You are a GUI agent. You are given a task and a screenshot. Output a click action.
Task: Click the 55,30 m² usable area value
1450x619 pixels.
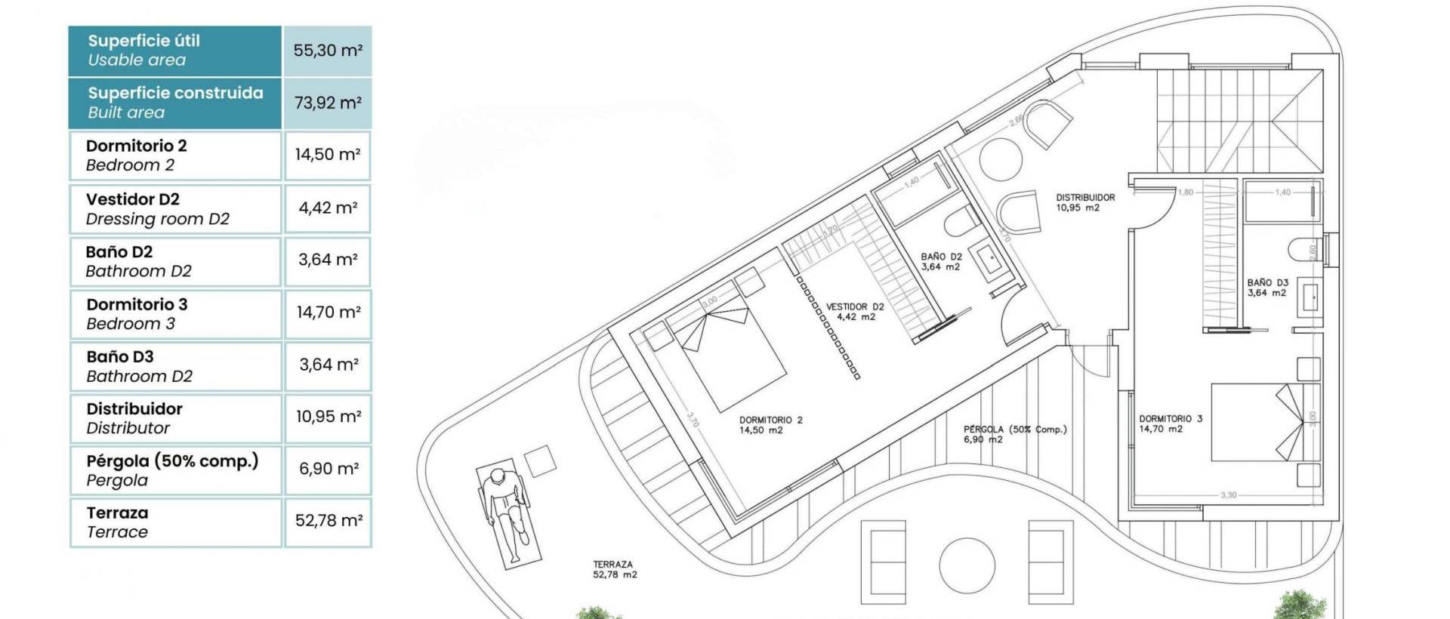click(x=327, y=51)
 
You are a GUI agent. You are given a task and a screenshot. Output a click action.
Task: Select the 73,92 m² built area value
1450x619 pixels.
click(x=327, y=103)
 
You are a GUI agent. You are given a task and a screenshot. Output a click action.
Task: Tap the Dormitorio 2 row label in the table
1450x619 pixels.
click(x=136, y=155)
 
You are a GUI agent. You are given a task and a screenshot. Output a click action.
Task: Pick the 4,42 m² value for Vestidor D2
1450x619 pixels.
click(x=327, y=208)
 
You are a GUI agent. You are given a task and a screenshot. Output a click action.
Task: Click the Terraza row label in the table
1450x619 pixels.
click(x=117, y=522)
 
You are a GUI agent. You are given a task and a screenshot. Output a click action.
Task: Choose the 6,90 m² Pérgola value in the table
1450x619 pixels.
click(x=327, y=469)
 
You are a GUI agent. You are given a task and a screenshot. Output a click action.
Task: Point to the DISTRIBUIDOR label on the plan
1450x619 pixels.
click(x=1084, y=202)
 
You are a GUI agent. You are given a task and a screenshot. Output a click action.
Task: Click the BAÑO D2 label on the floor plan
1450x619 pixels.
click(x=941, y=261)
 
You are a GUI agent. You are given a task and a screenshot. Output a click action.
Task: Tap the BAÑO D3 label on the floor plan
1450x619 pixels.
click(x=1267, y=288)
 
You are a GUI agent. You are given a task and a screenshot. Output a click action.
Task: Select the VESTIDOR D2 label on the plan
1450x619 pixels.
click(x=855, y=312)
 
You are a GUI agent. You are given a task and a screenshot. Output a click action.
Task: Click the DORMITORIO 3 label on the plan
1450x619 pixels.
click(x=1170, y=423)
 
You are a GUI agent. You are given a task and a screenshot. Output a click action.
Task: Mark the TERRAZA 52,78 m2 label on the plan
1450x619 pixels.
click(x=614, y=569)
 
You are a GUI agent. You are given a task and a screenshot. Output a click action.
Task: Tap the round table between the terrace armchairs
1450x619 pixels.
click(x=967, y=565)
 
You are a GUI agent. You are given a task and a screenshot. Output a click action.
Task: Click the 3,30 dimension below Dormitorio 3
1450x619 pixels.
click(x=1229, y=495)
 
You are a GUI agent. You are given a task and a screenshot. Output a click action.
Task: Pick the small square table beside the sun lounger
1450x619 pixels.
click(x=540, y=460)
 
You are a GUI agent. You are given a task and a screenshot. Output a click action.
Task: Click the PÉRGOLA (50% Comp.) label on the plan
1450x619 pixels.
click(x=1014, y=434)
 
